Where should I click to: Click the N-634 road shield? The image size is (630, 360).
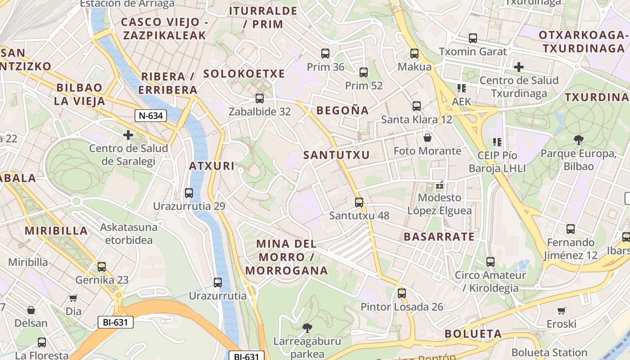point(151,116)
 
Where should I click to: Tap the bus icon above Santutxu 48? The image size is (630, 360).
point(359,202)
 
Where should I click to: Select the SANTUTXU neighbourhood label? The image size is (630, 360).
point(336,155)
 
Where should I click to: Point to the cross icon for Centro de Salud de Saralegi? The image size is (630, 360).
point(128,135)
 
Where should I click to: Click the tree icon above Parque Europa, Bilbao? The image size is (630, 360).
point(579,140)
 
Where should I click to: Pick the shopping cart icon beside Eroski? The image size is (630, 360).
point(561,310)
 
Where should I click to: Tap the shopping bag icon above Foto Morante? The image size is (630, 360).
point(427,137)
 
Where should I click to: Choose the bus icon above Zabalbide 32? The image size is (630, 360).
point(259,98)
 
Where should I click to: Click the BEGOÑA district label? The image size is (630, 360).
point(342,110)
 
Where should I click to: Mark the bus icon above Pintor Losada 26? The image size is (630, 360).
point(402,293)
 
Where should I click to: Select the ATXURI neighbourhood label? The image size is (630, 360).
point(211,166)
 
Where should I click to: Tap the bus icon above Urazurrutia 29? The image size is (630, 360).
point(189,193)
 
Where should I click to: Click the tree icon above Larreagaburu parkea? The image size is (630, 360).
point(307,327)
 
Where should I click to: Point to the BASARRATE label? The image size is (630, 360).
point(439,237)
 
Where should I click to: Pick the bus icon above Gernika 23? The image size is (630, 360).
point(102,266)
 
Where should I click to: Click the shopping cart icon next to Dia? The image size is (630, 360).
point(73,297)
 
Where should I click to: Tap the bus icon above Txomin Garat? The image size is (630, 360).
point(472,38)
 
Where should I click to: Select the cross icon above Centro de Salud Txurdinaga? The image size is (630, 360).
point(519,67)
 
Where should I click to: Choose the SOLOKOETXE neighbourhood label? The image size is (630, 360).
point(244,74)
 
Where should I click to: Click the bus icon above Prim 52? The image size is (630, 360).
point(364,72)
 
